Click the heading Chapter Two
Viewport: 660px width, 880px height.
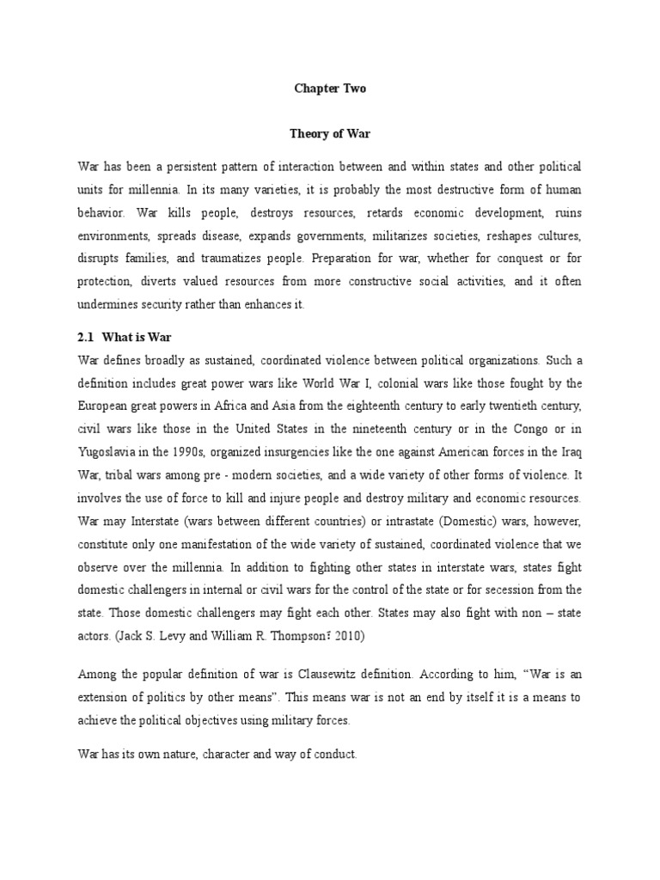[x=329, y=88]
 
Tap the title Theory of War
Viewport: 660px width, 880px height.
[x=329, y=135]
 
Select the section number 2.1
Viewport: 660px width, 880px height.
[x=88, y=338]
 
